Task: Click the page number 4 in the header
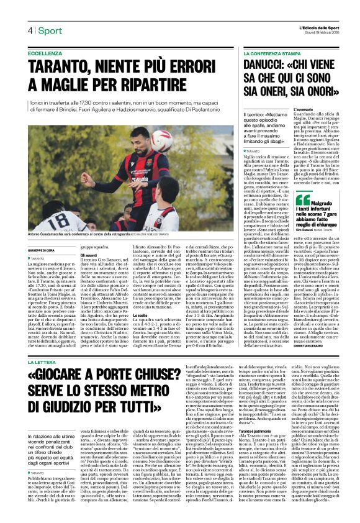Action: (29, 30)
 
